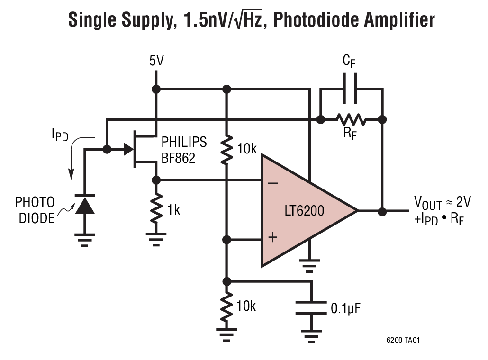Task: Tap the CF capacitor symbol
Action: pyautogui.click(x=351, y=89)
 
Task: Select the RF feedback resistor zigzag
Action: pyautogui.click(x=351, y=119)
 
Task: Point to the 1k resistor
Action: pyautogui.click(x=156, y=209)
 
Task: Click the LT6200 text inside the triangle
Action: pyautogui.click(x=304, y=210)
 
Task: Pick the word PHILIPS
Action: pyautogui.click(x=184, y=142)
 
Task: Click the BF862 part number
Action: pyautogui.click(x=178, y=158)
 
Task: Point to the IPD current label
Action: pyautogui.click(x=60, y=136)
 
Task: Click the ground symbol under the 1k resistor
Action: pyautogui.click(x=156, y=239)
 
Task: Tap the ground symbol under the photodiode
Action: pyautogui.click(x=85, y=239)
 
